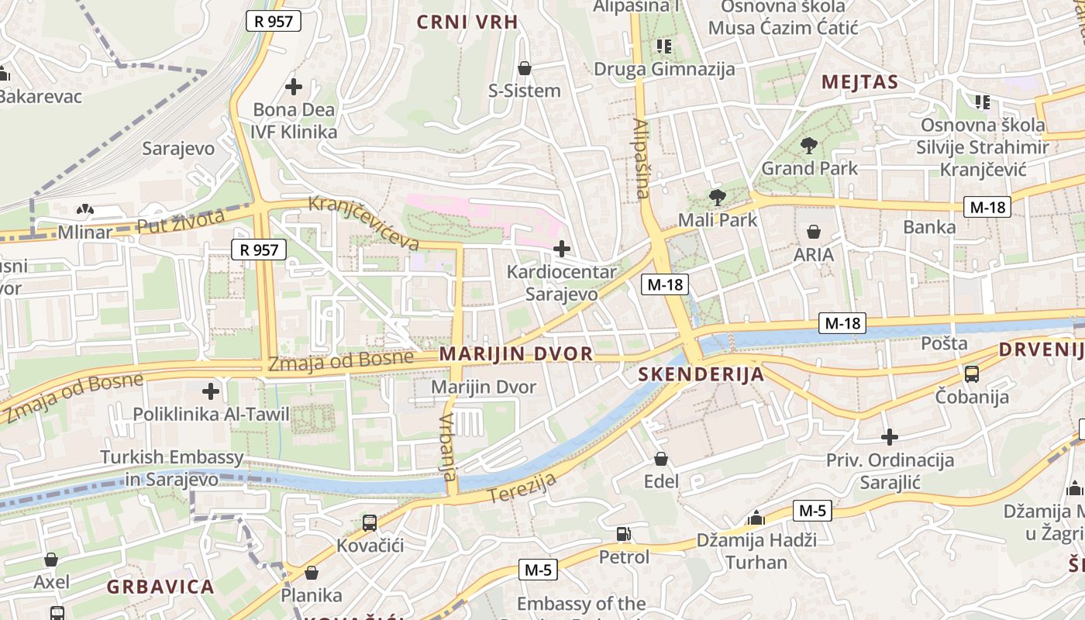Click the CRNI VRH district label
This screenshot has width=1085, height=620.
pyautogui.click(x=467, y=22)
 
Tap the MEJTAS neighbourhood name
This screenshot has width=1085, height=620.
pyautogui.click(x=859, y=82)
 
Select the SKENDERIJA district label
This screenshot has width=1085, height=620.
pyautogui.click(x=701, y=374)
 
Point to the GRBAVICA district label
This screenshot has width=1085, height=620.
pyautogui.click(x=160, y=587)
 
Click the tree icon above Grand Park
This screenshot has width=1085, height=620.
pyautogui.click(x=809, y=145)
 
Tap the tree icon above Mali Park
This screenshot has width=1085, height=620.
pyautogui.click(x=718, y=197)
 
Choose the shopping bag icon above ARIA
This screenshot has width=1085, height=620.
pyautogui.click(x=814, y=232)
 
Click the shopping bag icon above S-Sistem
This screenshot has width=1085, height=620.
pyautogui.click(x=525, y=68)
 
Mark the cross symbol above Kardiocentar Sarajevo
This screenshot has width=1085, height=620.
pyautogui.click(x=562, y=249)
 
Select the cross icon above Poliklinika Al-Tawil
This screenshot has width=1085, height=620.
pyautogui.click(x=210, y=391)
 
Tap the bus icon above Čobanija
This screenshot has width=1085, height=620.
pyautogui.click(x=972, y=374)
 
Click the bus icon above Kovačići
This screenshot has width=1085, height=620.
pyautogui.click(x=370, y=523)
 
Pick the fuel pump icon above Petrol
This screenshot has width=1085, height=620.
pyautogui.click(x=623, y=534)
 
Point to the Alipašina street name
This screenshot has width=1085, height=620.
pyautogui.click(x=641, y=159)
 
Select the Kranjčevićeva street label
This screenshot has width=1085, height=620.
pyautogui.click(x=363, y=222)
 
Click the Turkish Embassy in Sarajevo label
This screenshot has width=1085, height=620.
pyautogui.click(x=172, y=468)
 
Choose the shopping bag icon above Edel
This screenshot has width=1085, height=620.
pyautogui.click(x=661, y=459)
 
